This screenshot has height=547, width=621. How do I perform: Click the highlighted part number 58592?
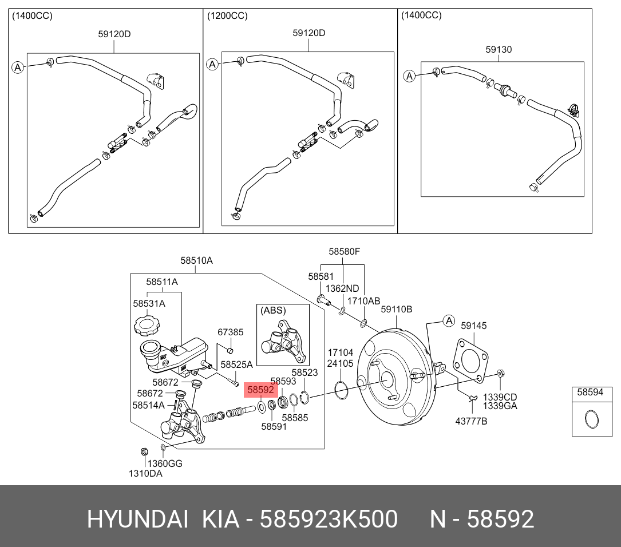[261, 390]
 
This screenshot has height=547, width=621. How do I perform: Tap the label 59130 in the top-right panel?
[499, 50]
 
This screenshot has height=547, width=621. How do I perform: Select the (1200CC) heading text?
[227, 16]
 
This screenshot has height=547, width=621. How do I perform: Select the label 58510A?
[196, 260]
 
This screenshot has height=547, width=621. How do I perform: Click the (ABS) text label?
[273, 311]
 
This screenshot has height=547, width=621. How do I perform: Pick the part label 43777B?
[471, 421]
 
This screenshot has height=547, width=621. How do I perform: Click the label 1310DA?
[145, 473]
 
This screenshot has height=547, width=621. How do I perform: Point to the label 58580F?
[344, 251]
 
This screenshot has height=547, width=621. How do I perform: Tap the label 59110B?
[397, 310]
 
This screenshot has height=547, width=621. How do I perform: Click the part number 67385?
[230, 332]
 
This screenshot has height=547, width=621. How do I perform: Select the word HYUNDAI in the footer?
[137, 520]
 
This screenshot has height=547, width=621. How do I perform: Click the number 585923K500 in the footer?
[329, 520]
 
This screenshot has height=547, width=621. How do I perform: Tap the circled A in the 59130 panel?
[409, 76]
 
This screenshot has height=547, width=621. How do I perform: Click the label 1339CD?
[500, 397]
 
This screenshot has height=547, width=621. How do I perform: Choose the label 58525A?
[236, 364]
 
